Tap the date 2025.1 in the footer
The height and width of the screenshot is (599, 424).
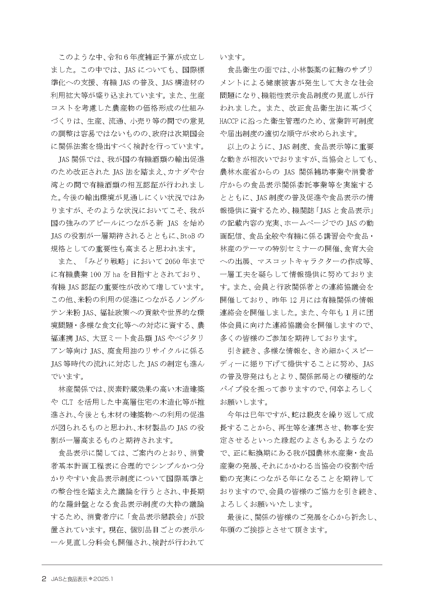click(105, 579)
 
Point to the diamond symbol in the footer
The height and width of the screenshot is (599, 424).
click(91, 579)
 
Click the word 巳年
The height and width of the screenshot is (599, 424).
click(256, 415)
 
